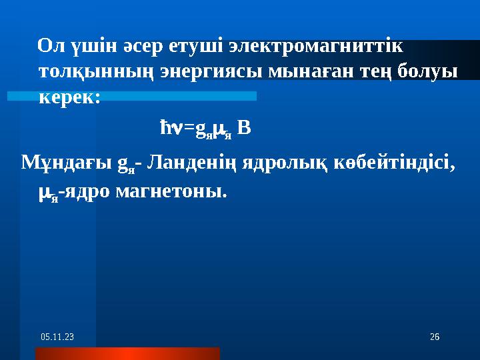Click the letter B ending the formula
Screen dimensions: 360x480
[x=245, y=127]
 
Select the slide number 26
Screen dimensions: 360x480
[x=434, y=339]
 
